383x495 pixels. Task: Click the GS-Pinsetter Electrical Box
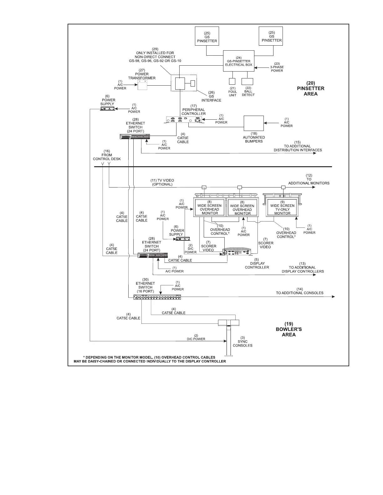tap(238, 61)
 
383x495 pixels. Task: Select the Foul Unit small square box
tap(232, 81)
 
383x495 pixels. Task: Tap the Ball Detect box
tap(247, 81)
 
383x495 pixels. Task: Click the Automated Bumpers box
tap(254, 123)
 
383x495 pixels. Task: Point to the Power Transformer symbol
tap(142, 85)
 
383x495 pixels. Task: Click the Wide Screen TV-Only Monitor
tap(282, 207)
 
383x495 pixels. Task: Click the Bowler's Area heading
tap(289, 329)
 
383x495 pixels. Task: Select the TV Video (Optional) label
tap(162, 182)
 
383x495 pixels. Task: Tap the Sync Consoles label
tap(243, 343)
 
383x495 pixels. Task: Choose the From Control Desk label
tap(107, 155)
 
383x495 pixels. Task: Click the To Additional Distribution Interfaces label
tap(298, 148)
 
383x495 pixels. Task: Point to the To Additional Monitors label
tap(309, 179)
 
